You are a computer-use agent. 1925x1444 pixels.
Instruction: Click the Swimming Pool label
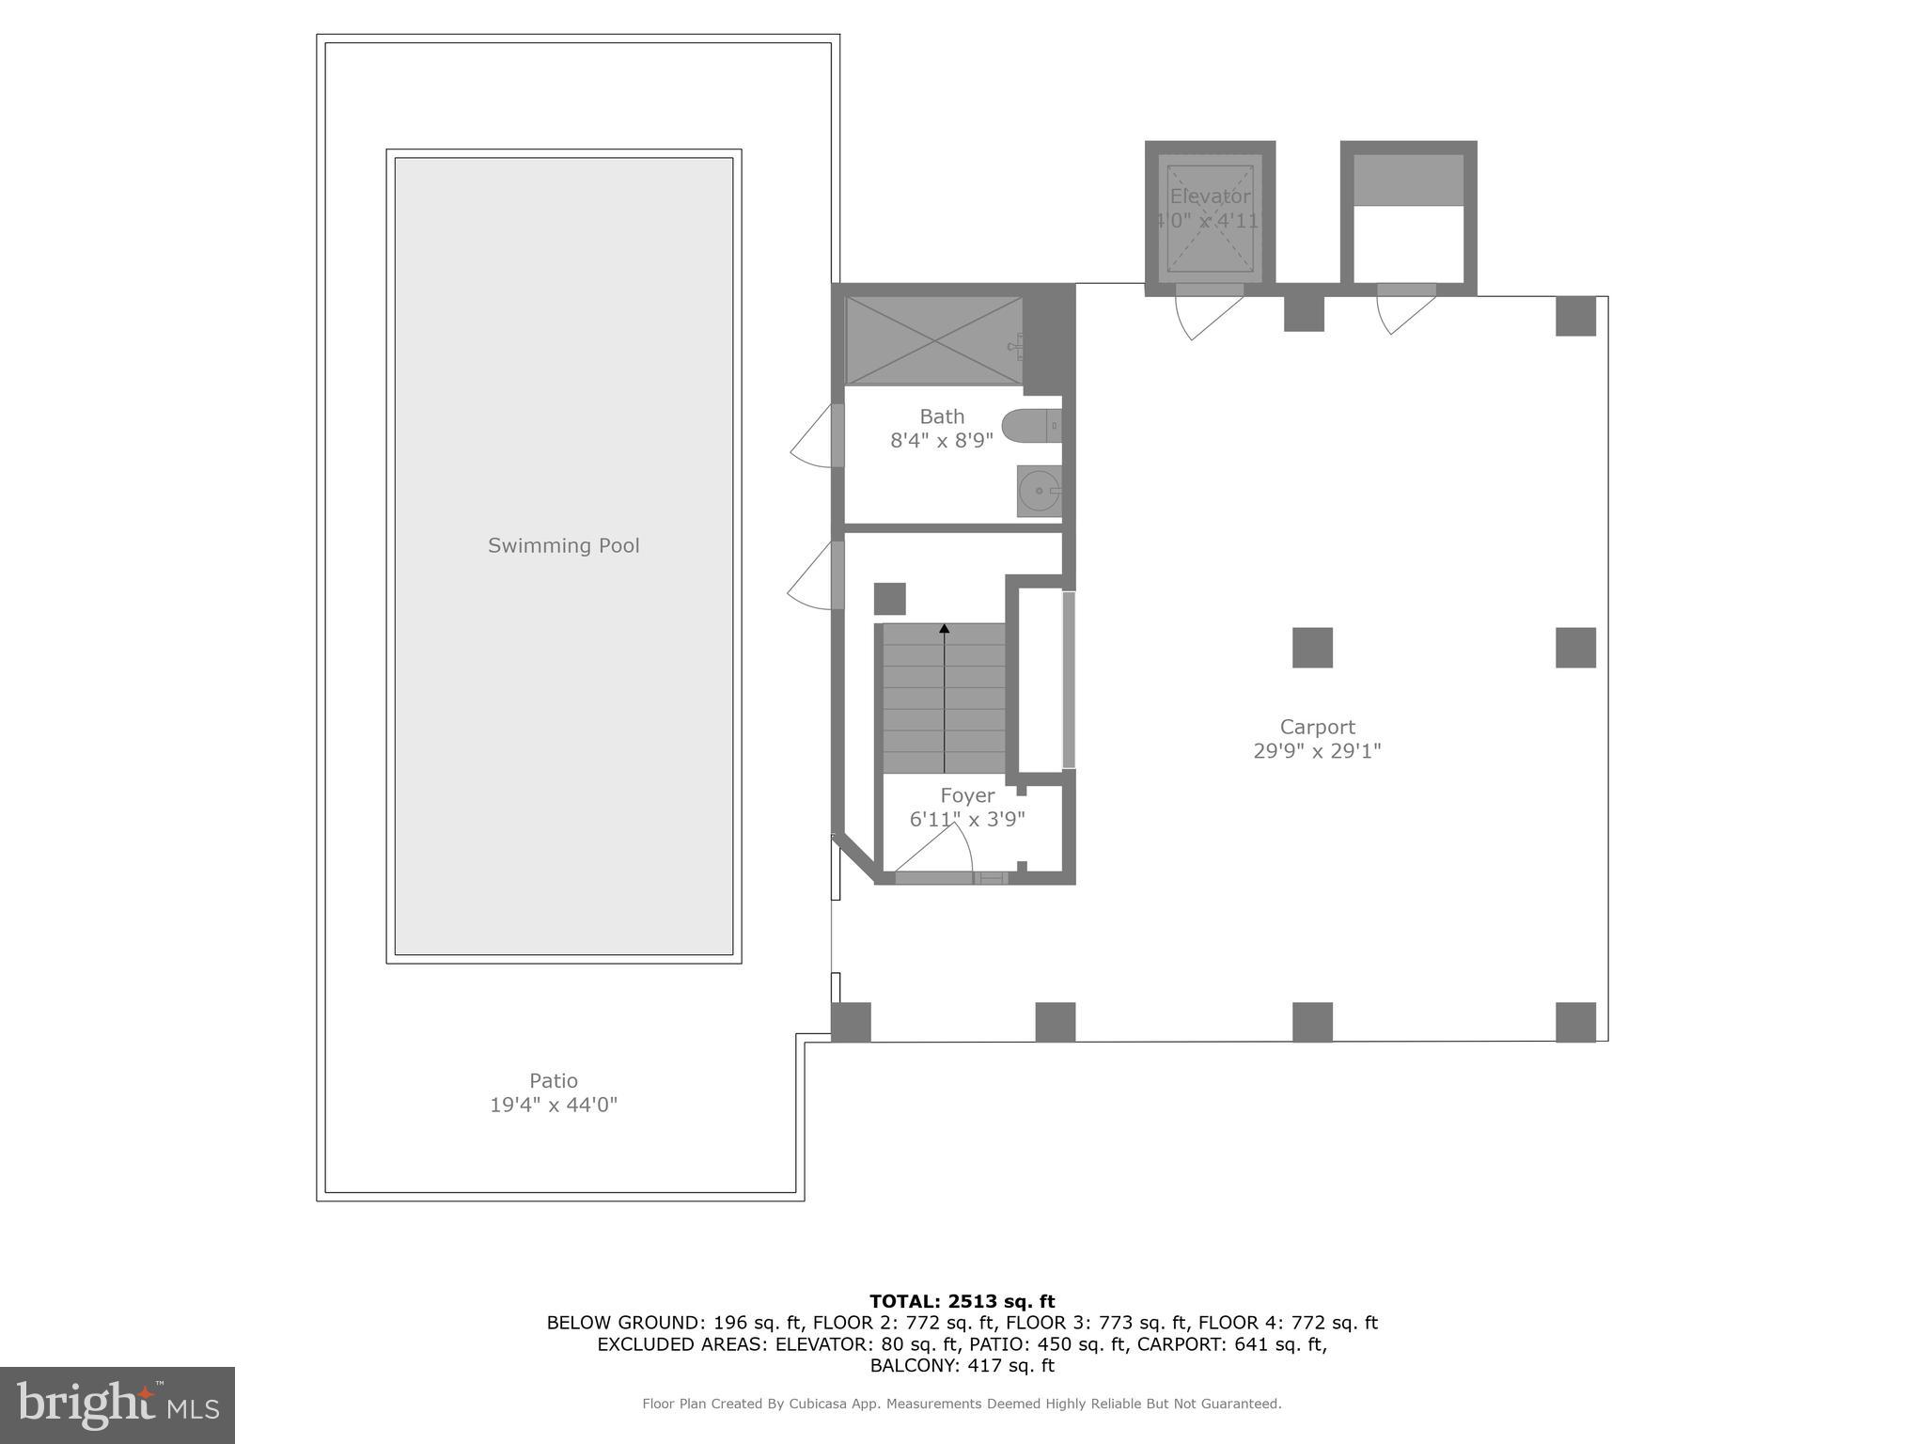click(563, 545)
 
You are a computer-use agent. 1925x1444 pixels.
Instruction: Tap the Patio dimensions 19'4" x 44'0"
click(553, 1105)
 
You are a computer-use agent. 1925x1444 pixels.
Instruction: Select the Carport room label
click(1317, 727)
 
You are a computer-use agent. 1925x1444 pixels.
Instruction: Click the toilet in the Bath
click(1030, 426)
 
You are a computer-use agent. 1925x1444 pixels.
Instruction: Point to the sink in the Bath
click(1038, 491)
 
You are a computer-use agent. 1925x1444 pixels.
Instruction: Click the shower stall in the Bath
click(933, 340)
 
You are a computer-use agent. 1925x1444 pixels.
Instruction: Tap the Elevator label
click(1210, 196)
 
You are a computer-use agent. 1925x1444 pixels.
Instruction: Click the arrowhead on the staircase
click(945, 628)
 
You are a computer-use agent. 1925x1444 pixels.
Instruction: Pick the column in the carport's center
click(1312, 648)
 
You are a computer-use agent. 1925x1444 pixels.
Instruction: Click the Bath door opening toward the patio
click(814, 436)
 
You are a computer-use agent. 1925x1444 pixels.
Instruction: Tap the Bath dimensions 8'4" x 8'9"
click(942, 440)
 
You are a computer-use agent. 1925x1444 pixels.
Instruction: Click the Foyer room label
click(967, 795)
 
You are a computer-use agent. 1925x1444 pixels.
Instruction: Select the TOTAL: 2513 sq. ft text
click(962, 1301)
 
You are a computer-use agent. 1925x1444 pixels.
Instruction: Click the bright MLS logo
click(117, 1405)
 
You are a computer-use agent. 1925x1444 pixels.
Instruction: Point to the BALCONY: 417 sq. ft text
click(962, 1365)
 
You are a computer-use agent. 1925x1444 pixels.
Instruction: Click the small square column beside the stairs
click(889, 599)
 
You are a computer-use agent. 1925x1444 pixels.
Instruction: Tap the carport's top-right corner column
click(1575, 316)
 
